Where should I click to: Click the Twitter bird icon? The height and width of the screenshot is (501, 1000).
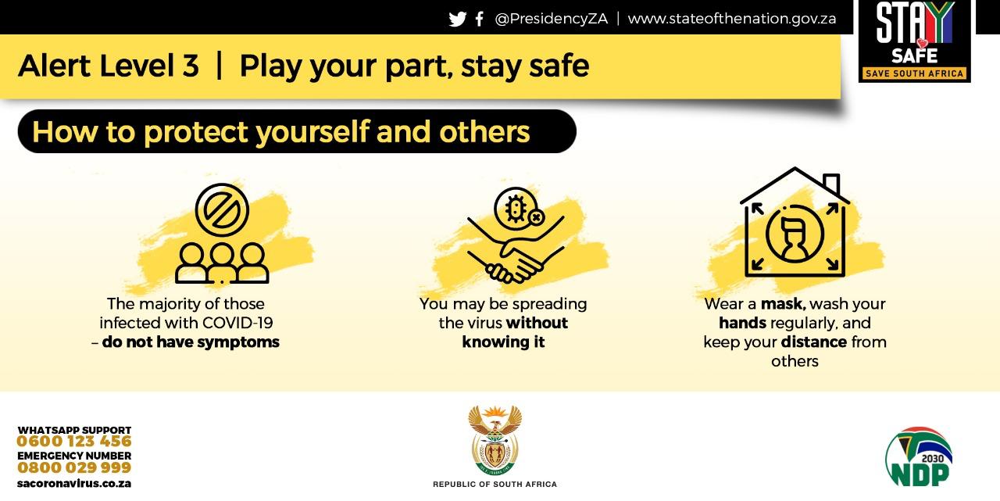tap(458, 20)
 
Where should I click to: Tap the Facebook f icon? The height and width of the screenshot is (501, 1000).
tap(480, 19)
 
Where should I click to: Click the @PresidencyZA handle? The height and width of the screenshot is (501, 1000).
tap(552, 19)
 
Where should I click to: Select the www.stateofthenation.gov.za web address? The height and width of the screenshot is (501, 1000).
tap(732, 19)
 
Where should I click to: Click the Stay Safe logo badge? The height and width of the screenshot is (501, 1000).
tap(914, 41)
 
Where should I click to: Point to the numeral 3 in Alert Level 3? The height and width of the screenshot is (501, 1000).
tap(190, 66)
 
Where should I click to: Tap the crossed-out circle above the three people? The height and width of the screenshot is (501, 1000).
tap(222, 210)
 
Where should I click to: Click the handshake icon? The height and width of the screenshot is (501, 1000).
tap(515, 250)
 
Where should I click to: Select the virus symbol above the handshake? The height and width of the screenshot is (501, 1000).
tap(517, 209)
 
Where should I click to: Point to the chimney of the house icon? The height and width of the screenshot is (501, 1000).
tap(831, 184)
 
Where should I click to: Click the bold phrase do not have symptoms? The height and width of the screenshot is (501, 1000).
tap(191, 342)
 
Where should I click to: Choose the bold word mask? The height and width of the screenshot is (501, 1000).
tap(783, 304)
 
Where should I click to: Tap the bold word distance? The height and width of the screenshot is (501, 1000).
tap(814, 342)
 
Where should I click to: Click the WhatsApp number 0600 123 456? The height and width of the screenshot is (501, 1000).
tap(74, 441)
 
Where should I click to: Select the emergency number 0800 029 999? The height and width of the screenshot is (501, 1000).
tap(74, 467)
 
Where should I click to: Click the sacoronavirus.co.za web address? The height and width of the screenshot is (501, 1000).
tap(74, 484)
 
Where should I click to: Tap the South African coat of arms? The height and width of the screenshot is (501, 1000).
tap(495, 440)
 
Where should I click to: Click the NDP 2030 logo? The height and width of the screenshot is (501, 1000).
tap(919, 456)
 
